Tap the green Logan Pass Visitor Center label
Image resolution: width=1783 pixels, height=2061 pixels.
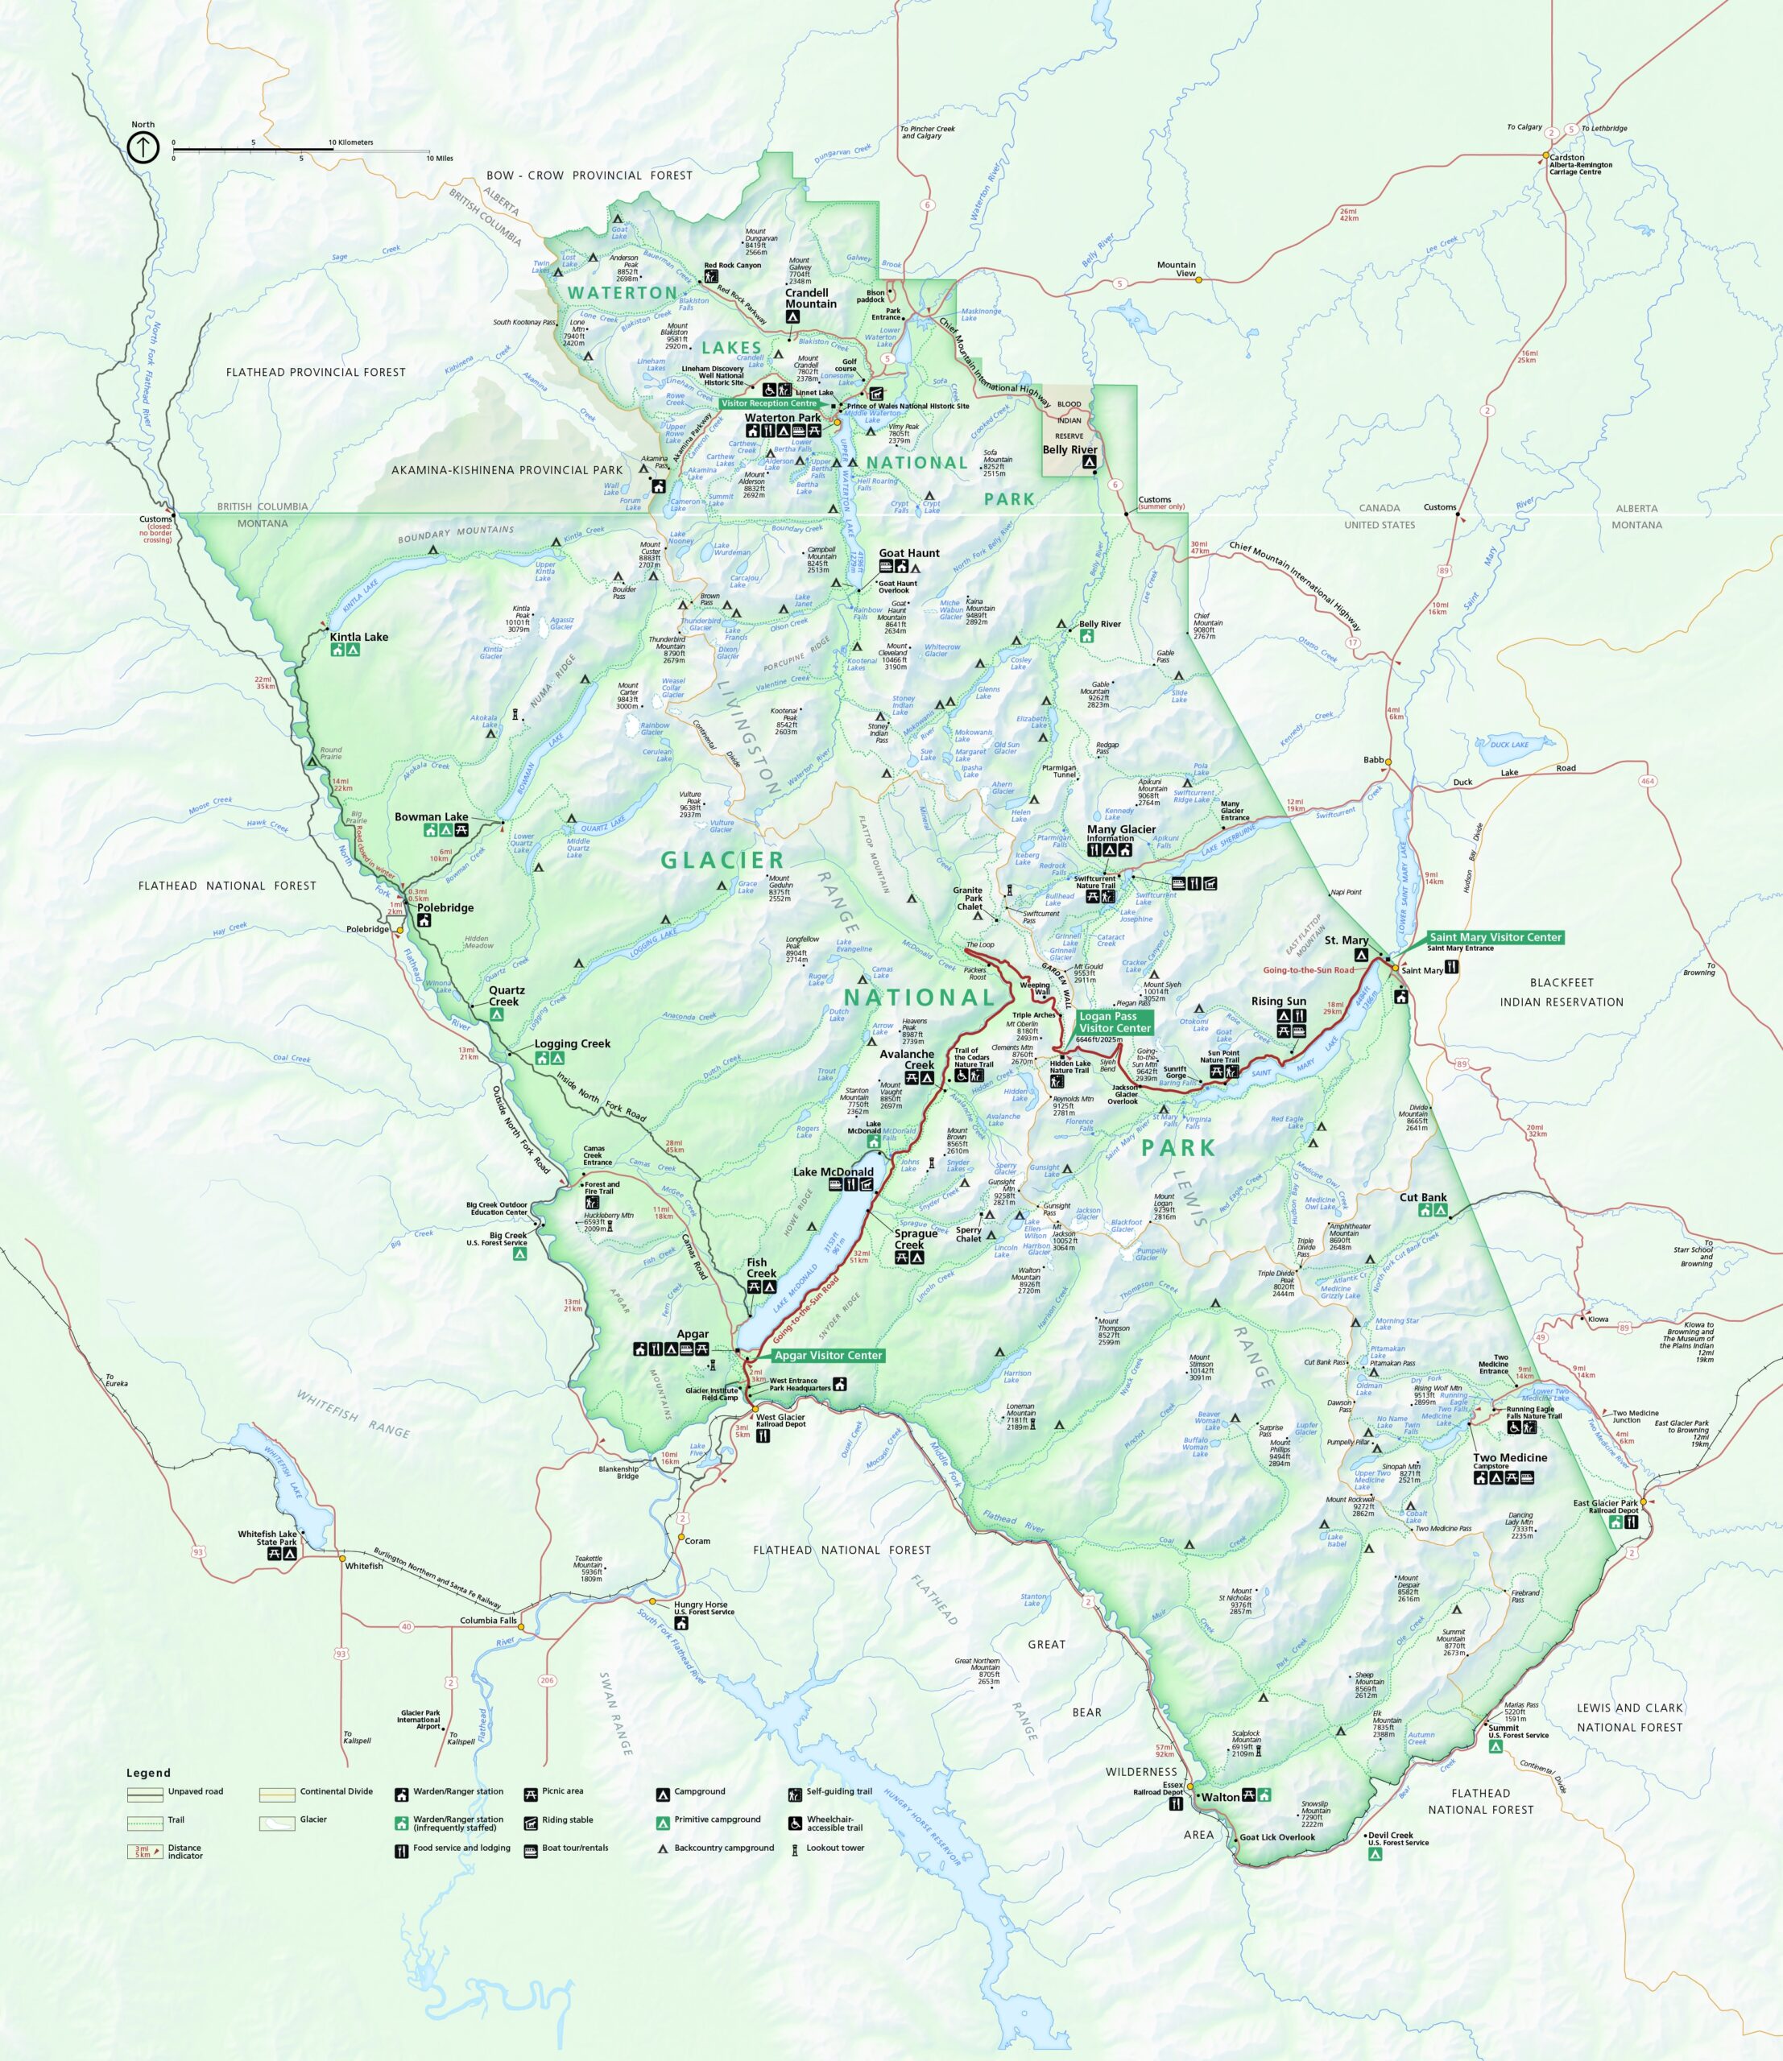1115,1022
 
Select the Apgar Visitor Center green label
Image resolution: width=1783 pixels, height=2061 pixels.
828,1355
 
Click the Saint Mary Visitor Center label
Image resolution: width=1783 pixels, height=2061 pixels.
1495,937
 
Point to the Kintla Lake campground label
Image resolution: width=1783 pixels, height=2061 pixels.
359,637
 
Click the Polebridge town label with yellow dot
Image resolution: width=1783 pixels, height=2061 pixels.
368,929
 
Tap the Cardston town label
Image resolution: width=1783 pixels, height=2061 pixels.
1566,157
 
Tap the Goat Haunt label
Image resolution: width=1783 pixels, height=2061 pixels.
908,553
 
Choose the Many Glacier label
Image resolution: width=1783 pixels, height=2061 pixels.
1121,828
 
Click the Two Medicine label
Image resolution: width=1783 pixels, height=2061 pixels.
1509,1457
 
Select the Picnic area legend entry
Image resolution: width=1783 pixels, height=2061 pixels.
562,1791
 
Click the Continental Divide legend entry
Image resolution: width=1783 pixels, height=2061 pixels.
337,1791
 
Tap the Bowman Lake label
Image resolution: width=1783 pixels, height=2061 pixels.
431,816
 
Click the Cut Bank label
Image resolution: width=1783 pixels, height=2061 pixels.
1423,1198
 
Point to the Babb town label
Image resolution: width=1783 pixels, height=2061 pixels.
1373,760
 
